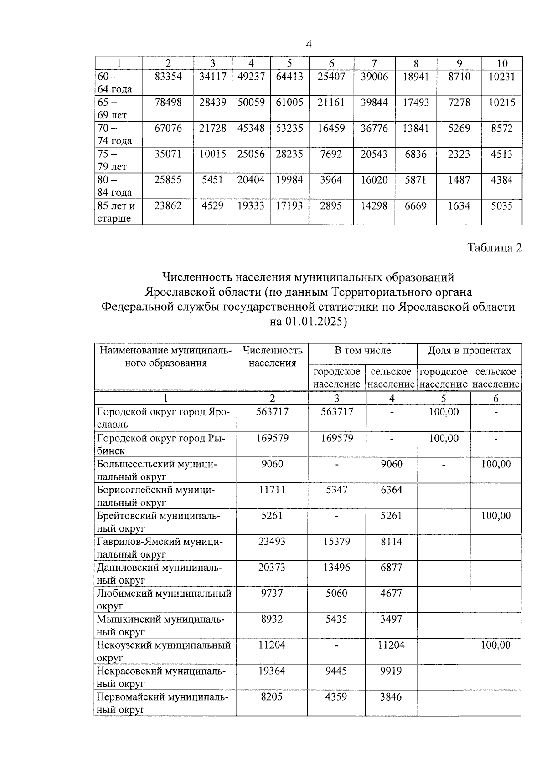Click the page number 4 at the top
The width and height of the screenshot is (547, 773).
pyautogui.click(x=309, y=44)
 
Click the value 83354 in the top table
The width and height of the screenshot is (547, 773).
pyautogui.click(x=168, y=77)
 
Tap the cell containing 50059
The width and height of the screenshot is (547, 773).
pyautogui.click(x=251, y=102)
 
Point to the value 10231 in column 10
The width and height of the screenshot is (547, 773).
pyautogui.click(x=502, y=77)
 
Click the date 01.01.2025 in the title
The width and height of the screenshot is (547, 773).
pyautogui.click(x=315, y=322)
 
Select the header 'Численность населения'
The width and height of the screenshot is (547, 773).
pyautogui.click(x=273, y=357)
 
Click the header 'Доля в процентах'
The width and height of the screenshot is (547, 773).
pyautogui.click(x=469, y=350)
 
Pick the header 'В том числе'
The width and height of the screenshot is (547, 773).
pyautogui.click(x=362, y=350)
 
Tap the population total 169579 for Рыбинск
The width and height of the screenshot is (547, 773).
pyautogui.click(x=272, y=438)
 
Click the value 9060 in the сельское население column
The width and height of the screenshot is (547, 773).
pyautogui.click(x=392, y=464)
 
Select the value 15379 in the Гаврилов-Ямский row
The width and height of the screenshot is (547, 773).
pyautogui.click(x=337, y=541)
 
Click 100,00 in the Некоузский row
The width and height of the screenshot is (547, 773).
pyautogui.click(x=496, y=645)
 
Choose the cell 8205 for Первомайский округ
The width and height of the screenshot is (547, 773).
pyautogui.click(x=272, y=696)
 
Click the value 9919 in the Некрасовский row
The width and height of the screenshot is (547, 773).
pyautogui.click(x=392, y=671)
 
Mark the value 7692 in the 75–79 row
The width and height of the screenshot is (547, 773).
pyautogui.click(x=331, y=154)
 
